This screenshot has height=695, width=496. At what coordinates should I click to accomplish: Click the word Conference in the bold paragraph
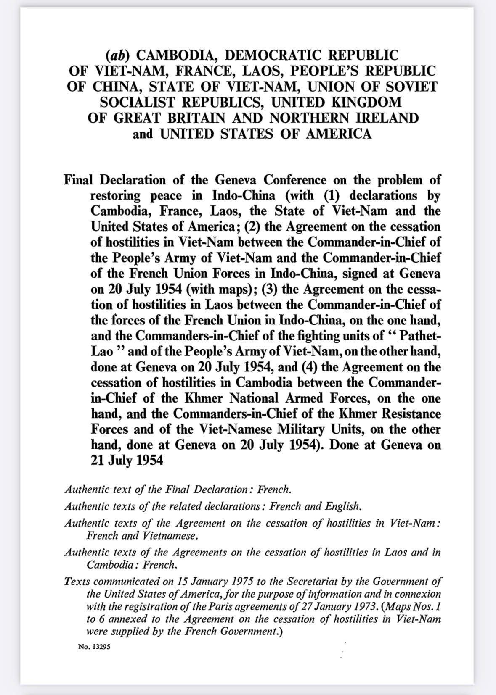pyautogui.click(x=295, y=180)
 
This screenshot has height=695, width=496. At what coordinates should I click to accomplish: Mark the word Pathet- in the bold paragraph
pyautogui.click(x=420, y=336)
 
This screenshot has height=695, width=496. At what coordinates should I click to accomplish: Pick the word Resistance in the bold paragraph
pyautogui.click(x=411, y=413)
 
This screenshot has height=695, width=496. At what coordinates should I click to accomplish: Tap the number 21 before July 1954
pyautogui.click(x=97, y=460)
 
